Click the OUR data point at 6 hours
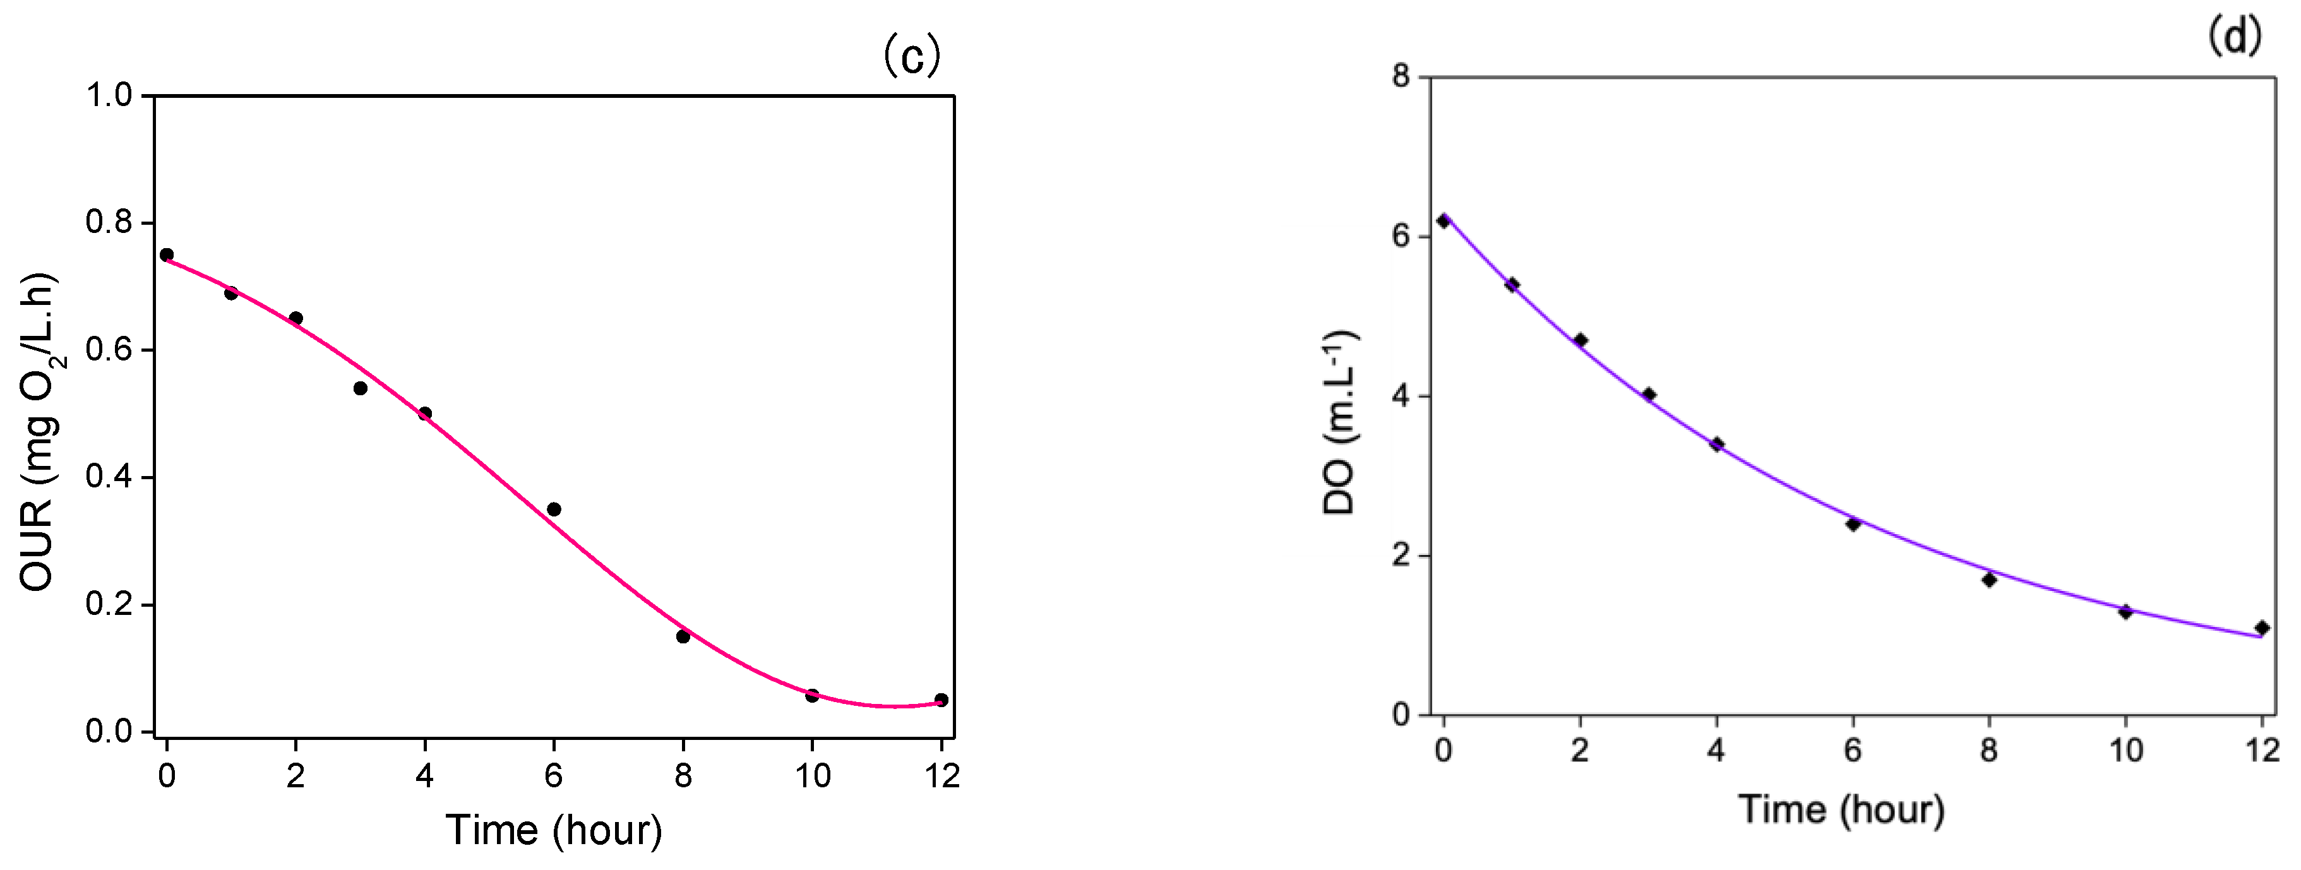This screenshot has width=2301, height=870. click(554, 509)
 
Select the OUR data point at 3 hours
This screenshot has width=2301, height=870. click(360, 388)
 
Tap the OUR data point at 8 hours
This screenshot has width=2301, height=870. click(683, 636)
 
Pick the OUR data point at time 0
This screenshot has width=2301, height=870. click(166, 254)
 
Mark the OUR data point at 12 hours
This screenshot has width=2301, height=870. click(941, 700)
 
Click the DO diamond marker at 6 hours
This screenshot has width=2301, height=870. click(1853, 524)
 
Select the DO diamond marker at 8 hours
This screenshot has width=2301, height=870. click(1989, 580)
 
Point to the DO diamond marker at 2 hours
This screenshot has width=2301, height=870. click(1580, 340)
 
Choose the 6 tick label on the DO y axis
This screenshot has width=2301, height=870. click(1401, 237)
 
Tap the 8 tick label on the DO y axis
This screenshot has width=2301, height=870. click(1401, 77)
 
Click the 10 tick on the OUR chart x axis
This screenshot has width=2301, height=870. click(812, 775)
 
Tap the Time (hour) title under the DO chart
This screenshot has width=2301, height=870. click(1842, 809)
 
